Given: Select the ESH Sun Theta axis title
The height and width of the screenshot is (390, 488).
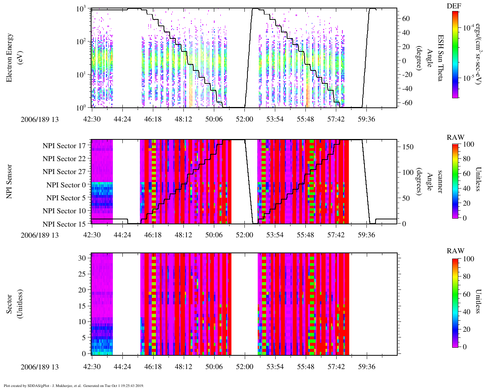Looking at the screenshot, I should pyautogui.click(x=440, y=58).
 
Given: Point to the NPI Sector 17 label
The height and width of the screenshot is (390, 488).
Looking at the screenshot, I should pyautogui.click(x=64, y=146).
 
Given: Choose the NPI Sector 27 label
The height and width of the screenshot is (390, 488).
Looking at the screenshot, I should pyautogui.click(x=64, y=172).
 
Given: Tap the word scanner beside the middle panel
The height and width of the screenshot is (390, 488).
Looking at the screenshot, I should pyautogui.click(x=440, y=181).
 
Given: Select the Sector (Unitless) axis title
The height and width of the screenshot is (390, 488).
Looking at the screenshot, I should pyautogui.click(x=14, y=304).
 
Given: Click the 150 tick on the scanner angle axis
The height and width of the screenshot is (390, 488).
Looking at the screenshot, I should pyautogui.click(x=408, y=147).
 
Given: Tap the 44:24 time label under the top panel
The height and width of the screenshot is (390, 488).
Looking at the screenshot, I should pyautogui.click(x=122, y=119).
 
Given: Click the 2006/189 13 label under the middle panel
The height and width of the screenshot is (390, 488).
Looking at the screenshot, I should pyautogui.click(x=40, y=235).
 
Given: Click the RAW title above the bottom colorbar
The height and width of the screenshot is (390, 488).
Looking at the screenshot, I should pyautogui.click(x=455, y=251).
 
